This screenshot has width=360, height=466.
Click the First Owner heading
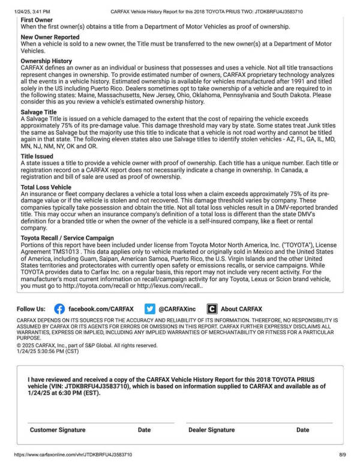pos(37,20)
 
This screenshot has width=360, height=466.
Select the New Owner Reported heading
pos(50,37)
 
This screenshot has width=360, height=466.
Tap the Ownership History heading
pos(46,61)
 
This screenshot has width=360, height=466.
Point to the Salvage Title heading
pos(39,112)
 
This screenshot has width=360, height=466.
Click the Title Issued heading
pos(37,156)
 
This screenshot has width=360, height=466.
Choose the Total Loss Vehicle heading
pos(46,187)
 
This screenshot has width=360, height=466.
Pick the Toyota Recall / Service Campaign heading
pos(67,238)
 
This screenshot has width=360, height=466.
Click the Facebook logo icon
pos(59,309)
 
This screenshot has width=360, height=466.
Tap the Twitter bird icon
pos(150,309)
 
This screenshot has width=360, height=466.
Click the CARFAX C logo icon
pos(212,309)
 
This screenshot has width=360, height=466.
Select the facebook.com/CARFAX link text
pos(101,309)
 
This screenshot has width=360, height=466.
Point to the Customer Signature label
pos(58,430)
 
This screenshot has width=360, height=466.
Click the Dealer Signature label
pos(211,430)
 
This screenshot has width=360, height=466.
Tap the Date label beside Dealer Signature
pos(303,430)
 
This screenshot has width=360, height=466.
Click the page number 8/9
pos(343,456)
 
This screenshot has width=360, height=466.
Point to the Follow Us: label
pos(31,309)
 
